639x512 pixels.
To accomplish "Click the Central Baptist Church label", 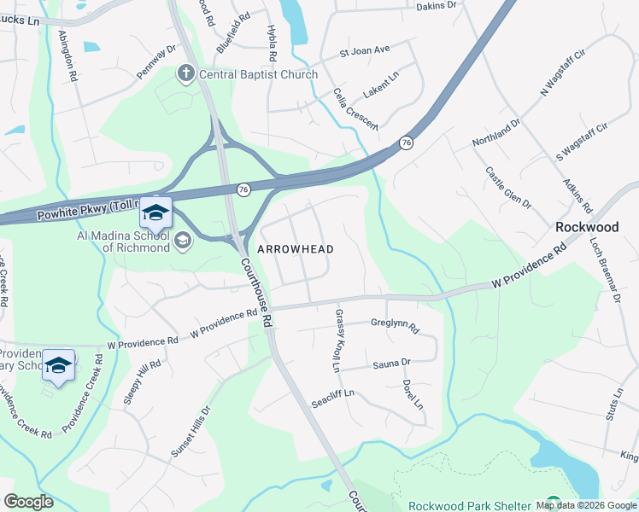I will pos(258,74).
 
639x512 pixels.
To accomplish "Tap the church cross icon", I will pos(185,74).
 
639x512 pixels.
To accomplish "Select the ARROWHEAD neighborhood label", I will pos(296,248).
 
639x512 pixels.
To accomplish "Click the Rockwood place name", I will pos(586,227).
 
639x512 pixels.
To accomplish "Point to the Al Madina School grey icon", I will pos(182,241).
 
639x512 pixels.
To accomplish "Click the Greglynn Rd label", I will pos(395,324).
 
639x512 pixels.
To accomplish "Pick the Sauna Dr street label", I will pos(392,364).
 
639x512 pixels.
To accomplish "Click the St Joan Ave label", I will pos(364,50).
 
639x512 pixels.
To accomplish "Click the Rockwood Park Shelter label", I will pos(471,505).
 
